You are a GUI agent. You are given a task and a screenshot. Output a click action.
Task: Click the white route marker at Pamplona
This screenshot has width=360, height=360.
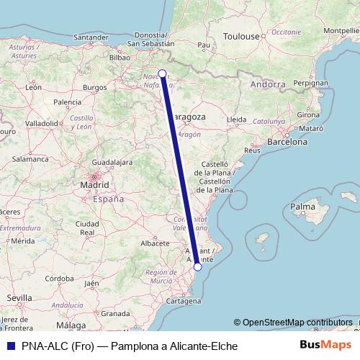(163, 73)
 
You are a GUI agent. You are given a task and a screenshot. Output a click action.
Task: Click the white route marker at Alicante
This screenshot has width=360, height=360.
(198, 266)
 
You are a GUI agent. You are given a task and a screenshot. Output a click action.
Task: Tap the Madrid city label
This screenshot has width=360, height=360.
(94, 184)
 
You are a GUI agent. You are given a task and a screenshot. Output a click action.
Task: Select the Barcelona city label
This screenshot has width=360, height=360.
(288, 143)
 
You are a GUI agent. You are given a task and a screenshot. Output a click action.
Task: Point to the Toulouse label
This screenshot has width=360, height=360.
(240, 36)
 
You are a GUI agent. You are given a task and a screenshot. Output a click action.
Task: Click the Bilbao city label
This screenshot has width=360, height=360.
(119, 56)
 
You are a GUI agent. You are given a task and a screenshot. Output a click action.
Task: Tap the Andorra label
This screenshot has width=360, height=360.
(268, 84)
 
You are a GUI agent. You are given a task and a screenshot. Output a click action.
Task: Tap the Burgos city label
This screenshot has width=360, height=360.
(94, 88)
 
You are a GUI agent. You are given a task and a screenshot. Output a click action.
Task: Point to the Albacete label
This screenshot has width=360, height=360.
(155, 243)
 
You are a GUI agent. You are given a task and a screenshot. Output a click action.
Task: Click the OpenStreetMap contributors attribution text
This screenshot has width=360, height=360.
(297, 322)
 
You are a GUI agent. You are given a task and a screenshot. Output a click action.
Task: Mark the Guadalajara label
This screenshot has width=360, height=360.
(105, 163)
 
